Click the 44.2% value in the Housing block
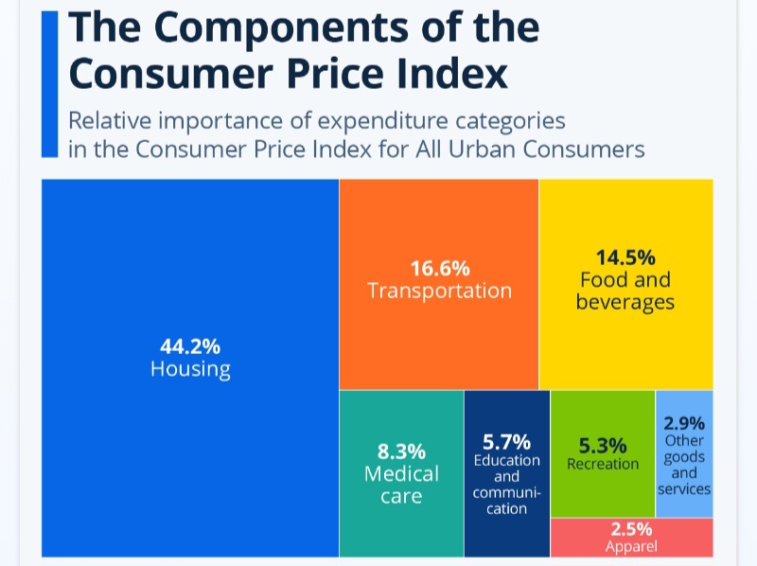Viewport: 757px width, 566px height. pos(190,345)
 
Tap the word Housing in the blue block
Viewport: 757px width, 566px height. pos(190,368)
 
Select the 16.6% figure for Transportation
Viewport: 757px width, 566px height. pos(439,268)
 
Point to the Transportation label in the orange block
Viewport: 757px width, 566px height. pos(439,291)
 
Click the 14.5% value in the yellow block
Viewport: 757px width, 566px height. pos(625,256)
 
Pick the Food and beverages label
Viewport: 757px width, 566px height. pos(625,291)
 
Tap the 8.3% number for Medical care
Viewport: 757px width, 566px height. pos(401,451)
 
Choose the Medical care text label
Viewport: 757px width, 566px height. pos(401,484)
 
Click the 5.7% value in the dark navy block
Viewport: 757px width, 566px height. pos(506,441)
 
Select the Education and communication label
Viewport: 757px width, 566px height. pos(507,485)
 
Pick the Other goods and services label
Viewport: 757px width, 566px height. pos(684,465)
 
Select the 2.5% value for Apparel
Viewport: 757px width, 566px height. pos(631,529)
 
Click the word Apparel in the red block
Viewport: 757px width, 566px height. pos(631,545)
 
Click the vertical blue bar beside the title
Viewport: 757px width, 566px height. pos(49,83)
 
